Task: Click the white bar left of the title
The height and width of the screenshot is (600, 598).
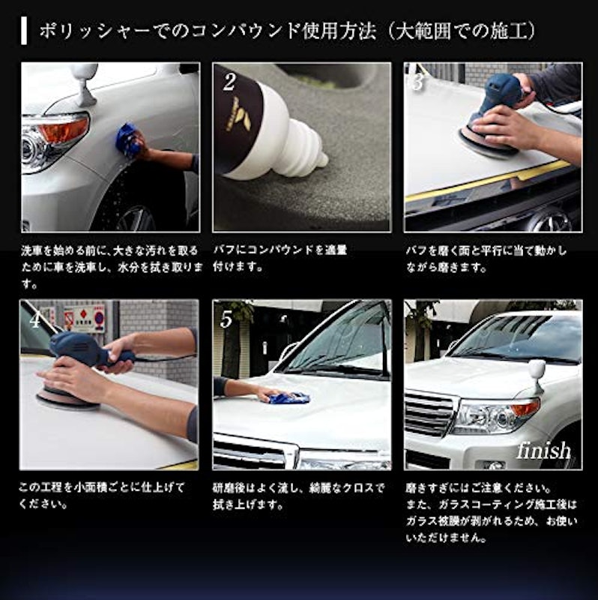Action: click(24, 31)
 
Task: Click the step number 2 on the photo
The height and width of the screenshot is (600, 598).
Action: click(229, 82)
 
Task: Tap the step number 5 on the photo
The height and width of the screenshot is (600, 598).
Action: click(226, 319)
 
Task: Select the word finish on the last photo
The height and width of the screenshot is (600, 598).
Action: click(543, 451)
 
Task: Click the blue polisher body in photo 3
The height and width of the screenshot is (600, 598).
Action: click(501, 94)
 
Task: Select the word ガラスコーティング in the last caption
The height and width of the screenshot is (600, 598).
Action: click(483, 505)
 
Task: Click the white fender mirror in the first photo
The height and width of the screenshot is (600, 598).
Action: click(83, 84)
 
